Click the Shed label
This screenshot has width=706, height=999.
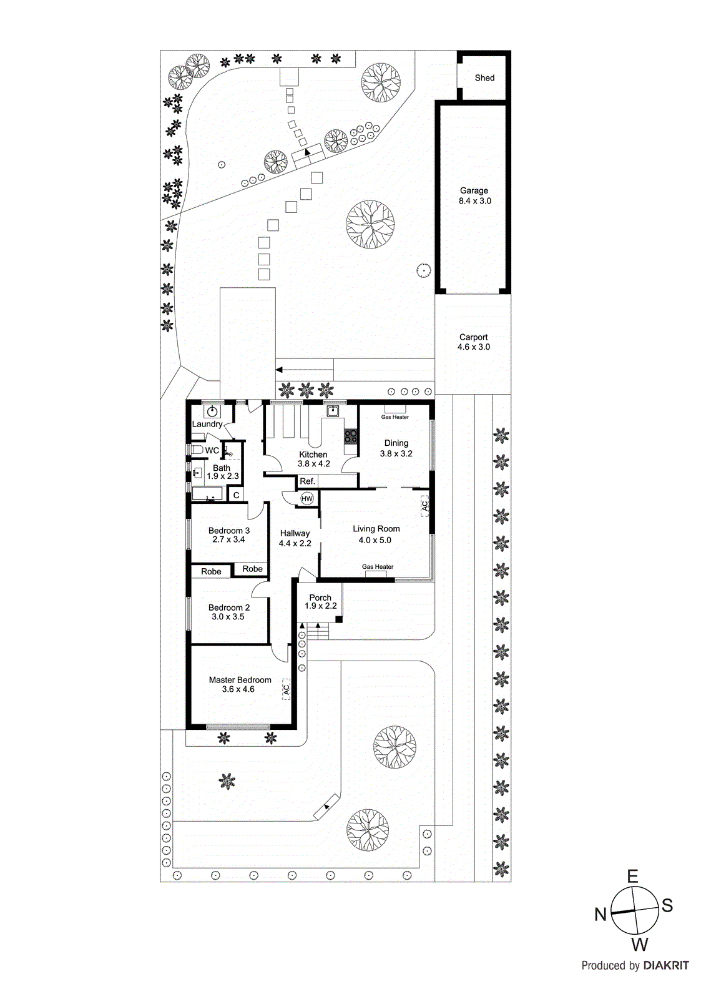484,78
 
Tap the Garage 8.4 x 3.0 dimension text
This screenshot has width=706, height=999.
475,201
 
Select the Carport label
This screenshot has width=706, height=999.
474,337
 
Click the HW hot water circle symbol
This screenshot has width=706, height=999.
307,498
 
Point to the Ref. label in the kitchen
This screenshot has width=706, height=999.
307,481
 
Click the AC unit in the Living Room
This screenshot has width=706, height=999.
424,505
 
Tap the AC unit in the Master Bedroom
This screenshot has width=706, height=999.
287,689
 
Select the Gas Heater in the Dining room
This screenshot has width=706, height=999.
395,410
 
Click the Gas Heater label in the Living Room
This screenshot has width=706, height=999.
378,567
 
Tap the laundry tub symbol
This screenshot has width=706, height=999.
212,411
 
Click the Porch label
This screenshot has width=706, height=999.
320,598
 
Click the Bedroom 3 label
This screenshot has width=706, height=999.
228,531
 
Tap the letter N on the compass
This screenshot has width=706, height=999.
601,915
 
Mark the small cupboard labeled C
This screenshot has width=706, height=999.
236,495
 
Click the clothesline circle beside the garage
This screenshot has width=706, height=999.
423,270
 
